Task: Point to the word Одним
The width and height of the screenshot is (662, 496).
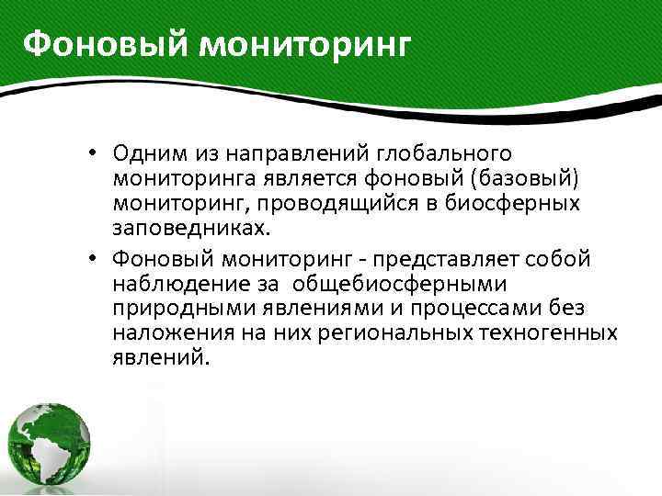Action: [x=147, y=152]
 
